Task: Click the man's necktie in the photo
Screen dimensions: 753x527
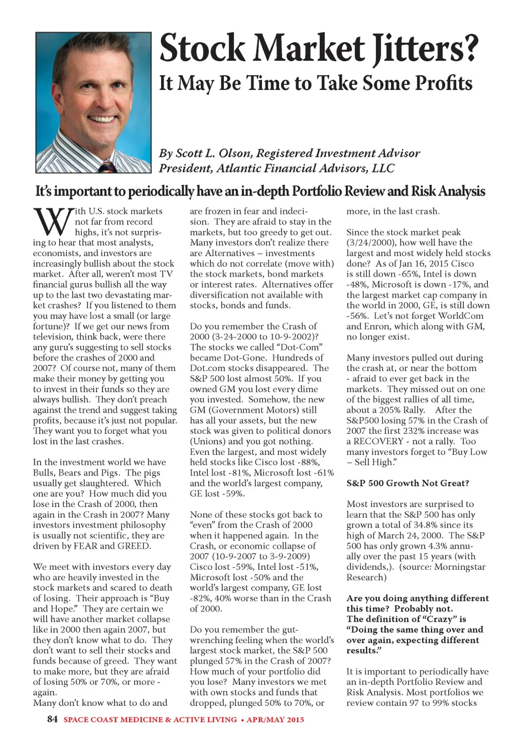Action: coord(107,166)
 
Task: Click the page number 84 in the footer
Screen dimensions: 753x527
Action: coord(52,719)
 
